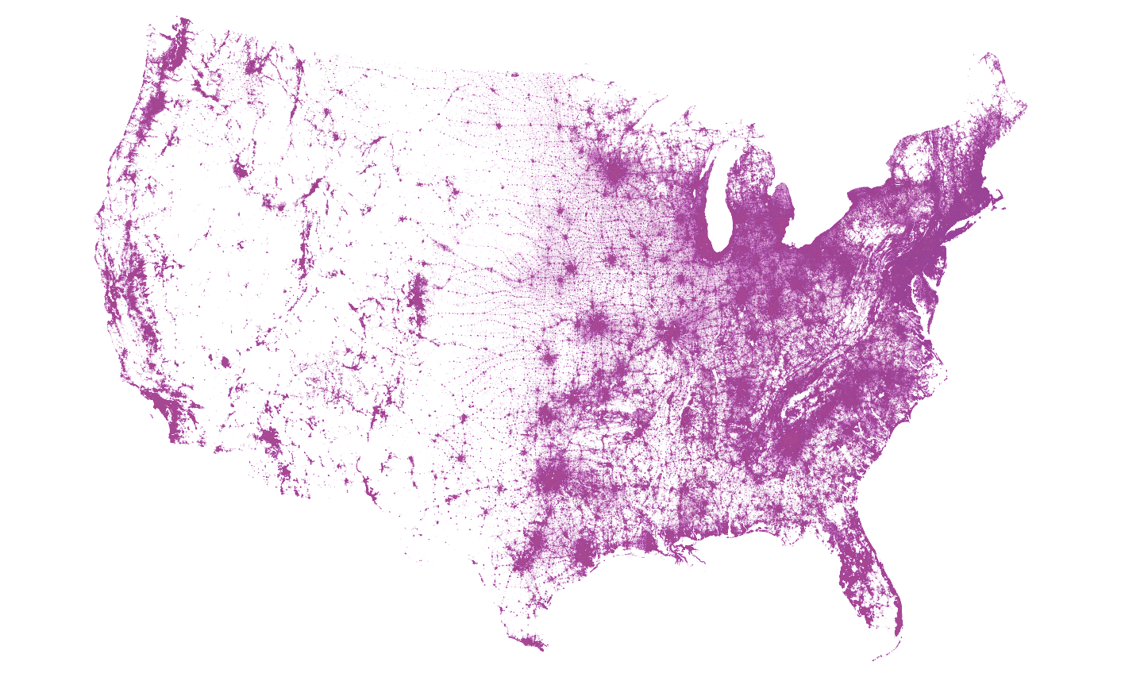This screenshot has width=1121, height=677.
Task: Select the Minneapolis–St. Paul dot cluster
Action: pyautogui.click(x=614, y=171)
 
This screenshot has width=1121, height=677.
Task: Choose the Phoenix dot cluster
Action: pyautogui.click(x=271, y=440)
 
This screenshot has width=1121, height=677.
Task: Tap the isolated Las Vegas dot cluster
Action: pyautogui.click(x=225, y=363)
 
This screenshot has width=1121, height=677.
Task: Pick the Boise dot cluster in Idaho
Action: pyautogui.click(x=240, y=168)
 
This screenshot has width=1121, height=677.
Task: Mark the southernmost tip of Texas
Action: pyautogui.click(x=540, y=648)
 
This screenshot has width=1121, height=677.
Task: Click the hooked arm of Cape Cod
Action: pyautogui.click(x=999, y=194)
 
